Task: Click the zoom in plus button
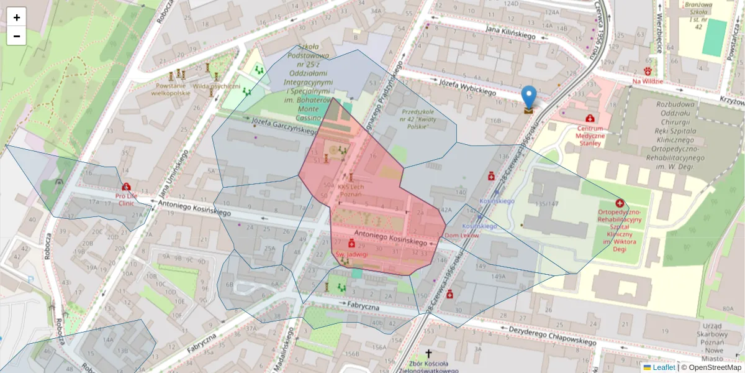coord(17,17)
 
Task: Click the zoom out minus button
coord(17,36)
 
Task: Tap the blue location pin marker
coord(528,98)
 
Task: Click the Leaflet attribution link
coord(663,367)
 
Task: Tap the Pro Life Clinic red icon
coord(127,186)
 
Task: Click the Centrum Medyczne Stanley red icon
coord(589,118)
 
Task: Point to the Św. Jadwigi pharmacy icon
coord(351,244)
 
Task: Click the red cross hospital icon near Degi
coord(620,203)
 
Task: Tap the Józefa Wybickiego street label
coord(467,87)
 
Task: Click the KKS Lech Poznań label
coord(350,190)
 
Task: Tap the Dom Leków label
coord(462,236)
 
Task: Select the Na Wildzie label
coord(648,81)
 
